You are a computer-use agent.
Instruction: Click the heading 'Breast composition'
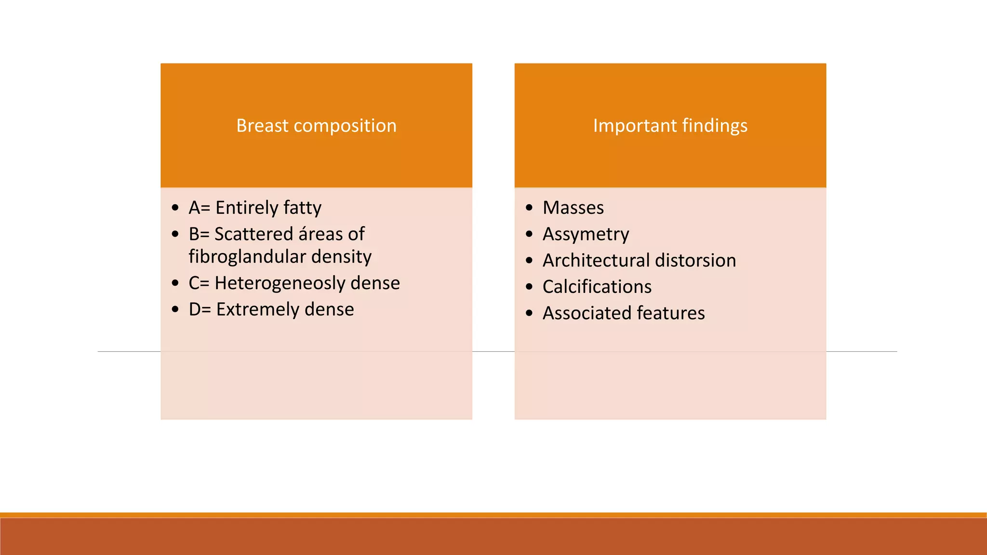pyautogui.click(x=316, y=126)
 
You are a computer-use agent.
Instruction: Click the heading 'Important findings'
pyautogui.click(x=670, y=126)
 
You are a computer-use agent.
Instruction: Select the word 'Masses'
pyautogui.click(x=573, y=208)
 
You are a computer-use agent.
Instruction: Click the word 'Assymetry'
pyautogui.click(x=586, y=235)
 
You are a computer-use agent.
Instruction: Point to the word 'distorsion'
pyautogui.click(x=695, y=261)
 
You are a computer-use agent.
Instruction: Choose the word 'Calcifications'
pyautogui.click(x=597, y=287)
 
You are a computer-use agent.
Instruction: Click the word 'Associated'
pyautogui.click(x=587, y=313)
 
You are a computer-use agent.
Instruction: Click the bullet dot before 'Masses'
pyautogui.click(x=530, y=208)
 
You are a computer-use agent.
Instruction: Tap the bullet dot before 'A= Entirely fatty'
pyautogui.click(x=175, y=208)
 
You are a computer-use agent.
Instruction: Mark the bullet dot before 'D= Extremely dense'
pyautogui.click(x=175, y=309)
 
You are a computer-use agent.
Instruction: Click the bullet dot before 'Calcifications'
pyautogui.click(x=530, y=287)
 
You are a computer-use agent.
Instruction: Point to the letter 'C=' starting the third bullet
pyautogui.click(x=199, y=283)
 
